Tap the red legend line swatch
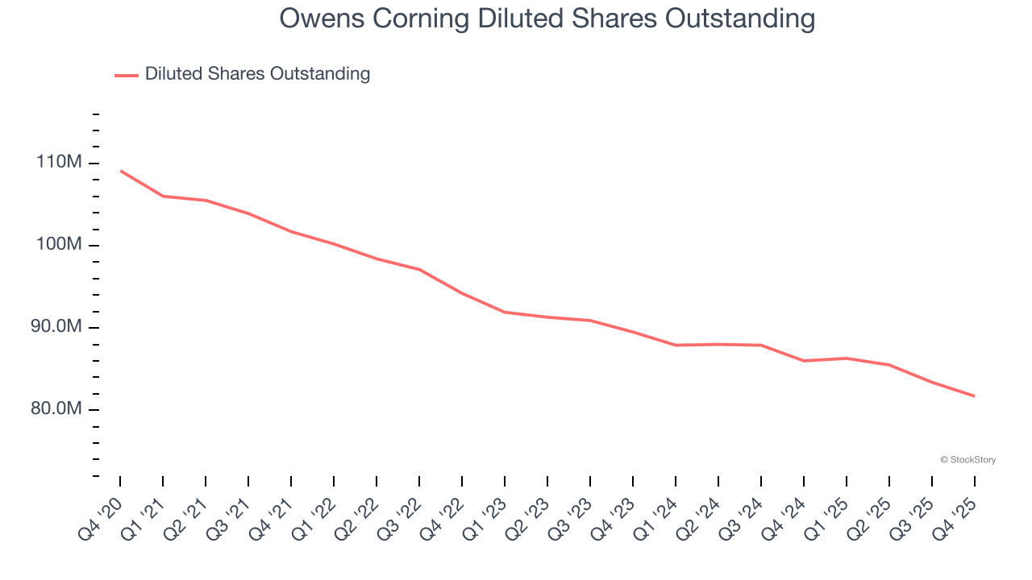pos(127,75)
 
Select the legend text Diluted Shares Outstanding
pos(257,74)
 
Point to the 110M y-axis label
pos(59,163)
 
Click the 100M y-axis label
pos(59,245)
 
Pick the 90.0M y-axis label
pos(56,327)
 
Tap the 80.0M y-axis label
pos(56,409)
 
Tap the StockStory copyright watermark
pos(967,460)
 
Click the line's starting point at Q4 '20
pos(120,171)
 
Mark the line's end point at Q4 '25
pos(974,396)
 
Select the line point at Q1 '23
pos(505,312)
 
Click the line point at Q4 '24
pos(804,360)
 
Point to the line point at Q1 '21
pos(163,196)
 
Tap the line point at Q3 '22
pos(419,269)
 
